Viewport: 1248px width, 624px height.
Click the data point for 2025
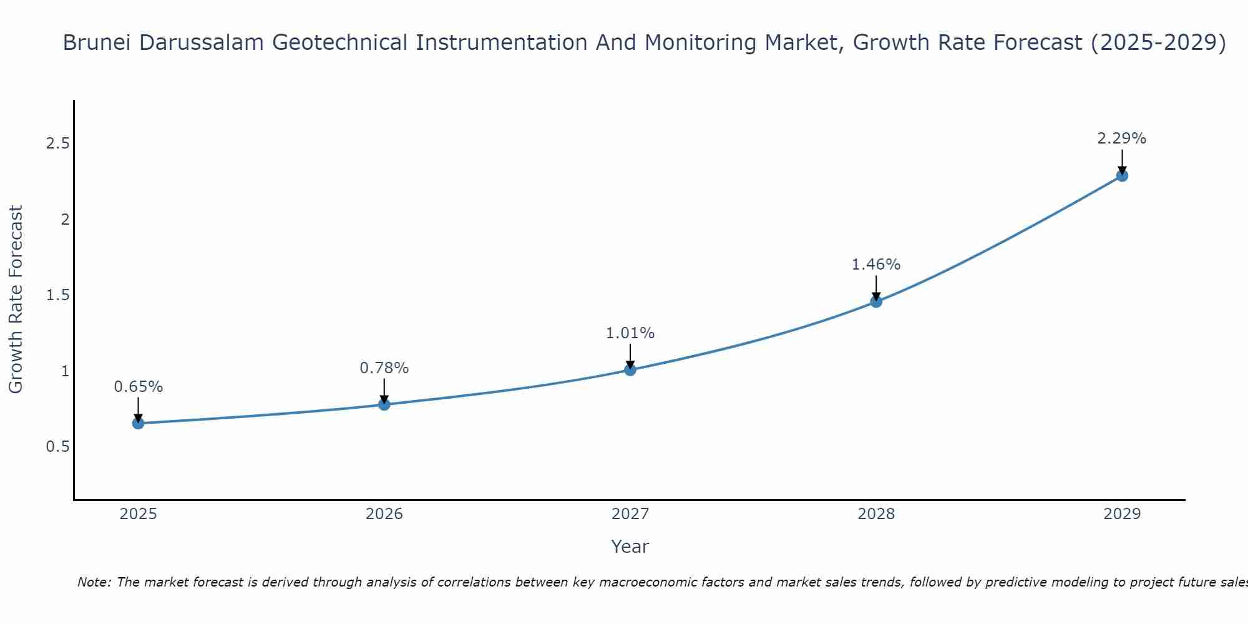tap(138, 424)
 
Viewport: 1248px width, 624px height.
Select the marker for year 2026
tap(384, 404)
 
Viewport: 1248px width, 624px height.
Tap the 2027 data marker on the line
tap(630, 370)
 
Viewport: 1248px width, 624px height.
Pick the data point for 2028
tap(876, 302)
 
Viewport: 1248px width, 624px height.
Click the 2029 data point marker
tap(1122, 176)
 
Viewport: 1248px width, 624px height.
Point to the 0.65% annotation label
tap(138, 387)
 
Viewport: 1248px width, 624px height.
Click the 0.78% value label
tap(384, 368)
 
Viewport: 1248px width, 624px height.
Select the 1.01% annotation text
tap(630, 333)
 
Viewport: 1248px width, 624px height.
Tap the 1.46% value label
tap(876, 265)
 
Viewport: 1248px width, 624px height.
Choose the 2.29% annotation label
tap(1122, 139)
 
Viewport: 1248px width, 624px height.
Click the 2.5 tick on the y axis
tap(57, 144)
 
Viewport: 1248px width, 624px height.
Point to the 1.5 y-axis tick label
tap(57, 295)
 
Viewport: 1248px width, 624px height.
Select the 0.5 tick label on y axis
tap(57, 447)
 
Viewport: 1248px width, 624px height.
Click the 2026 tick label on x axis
tap(384, 514)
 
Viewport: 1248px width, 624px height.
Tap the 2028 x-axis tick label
tap(876, 514)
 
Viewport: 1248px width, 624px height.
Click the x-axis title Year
tap(630, 547)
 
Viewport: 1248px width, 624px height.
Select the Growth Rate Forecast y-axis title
tap(16, 300)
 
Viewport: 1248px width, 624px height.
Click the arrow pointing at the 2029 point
tap(1122, 161)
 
